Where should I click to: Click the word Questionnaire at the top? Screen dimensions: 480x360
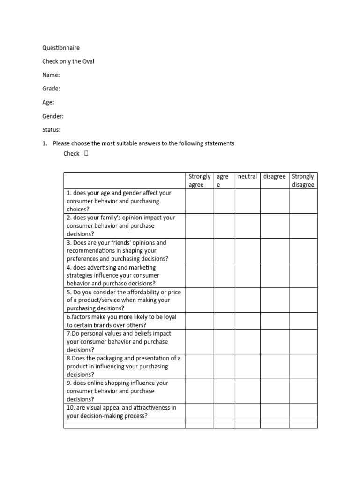tap(61, 48)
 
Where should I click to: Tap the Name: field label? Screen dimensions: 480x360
tap(51, 75)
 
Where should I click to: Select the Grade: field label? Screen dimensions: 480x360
tap(51, 89)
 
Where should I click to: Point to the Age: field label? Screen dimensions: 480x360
tap(48, 102)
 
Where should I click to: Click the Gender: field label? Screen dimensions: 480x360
tap(53, 116)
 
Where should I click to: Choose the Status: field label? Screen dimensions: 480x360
tap(52, 130)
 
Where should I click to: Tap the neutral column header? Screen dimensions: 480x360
tap(247, 177)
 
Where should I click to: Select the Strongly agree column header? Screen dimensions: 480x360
tap(200, 180)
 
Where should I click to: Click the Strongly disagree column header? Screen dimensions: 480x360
tap(303, 180)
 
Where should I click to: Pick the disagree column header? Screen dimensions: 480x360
tap(274, 177)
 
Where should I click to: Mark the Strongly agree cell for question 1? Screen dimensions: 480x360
tap(200, 201)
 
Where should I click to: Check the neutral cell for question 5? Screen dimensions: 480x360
tap(247, 300)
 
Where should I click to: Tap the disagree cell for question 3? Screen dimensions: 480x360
tap(274, 251)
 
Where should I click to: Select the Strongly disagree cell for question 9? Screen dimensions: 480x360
tap(303, 391)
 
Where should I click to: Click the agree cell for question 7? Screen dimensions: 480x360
tap(224, 341)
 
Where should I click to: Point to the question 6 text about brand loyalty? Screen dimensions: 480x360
tap(122, 321)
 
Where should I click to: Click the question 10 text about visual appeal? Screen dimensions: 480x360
tap(122, 412)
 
